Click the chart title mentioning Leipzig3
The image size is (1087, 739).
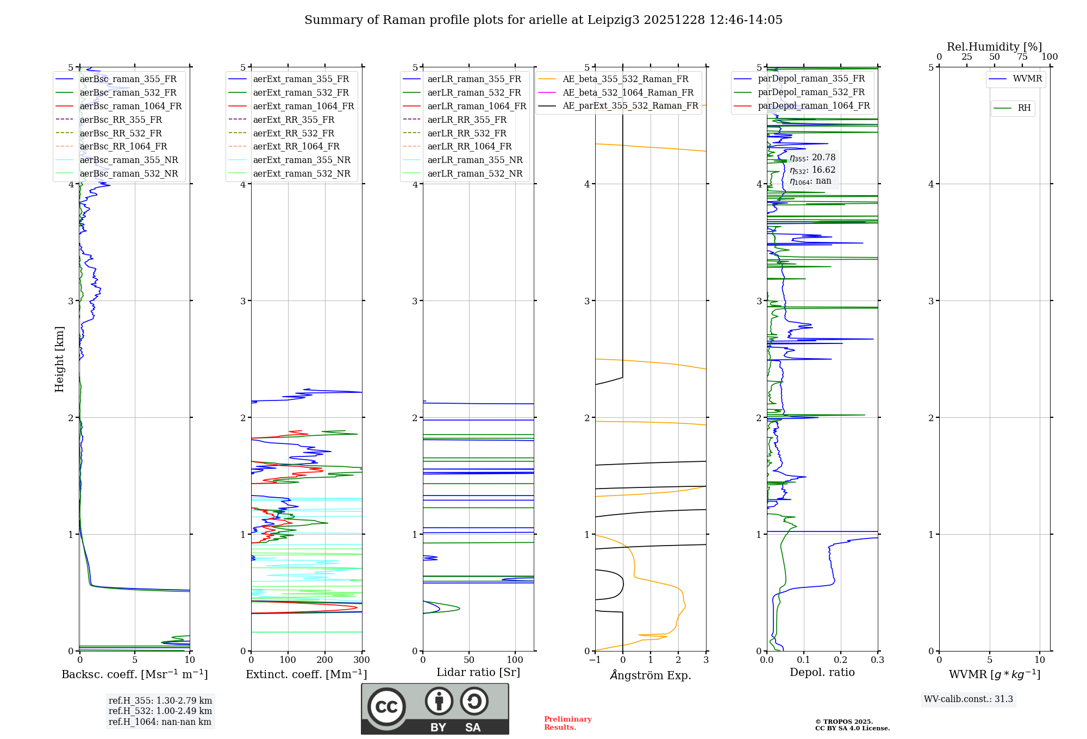(543, 20)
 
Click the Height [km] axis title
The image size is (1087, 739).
(59, 359)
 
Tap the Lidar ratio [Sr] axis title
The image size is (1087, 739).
(478, 672)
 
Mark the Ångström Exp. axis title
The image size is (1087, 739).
(651, 675)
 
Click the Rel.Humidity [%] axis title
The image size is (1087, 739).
(994, 47)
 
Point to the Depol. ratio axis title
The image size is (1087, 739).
(822, 672)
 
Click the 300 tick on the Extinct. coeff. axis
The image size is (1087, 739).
(362, 660)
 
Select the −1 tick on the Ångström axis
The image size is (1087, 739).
(595, 660)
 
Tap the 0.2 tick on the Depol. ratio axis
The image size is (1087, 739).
(841, 660)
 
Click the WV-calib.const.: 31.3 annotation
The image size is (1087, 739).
(968, 699)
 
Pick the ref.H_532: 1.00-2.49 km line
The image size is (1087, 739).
(160, 711)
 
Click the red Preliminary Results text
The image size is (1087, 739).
(567, 723)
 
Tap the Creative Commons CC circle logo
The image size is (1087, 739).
(386, 706)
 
